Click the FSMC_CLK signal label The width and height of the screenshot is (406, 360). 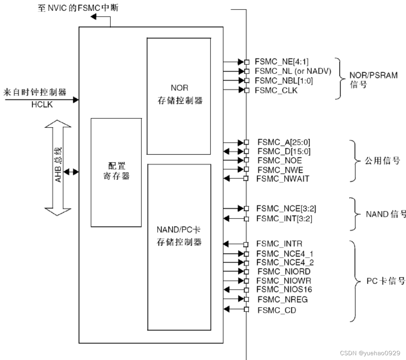[276, 90]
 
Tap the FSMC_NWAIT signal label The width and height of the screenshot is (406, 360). [282, 179]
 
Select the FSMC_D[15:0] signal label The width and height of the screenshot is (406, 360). [284, 151]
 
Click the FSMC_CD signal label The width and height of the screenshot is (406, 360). [276, 310]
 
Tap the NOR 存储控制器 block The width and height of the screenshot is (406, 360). [179, 95]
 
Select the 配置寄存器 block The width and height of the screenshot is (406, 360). [116, 172]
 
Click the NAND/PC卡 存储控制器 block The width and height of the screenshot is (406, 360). [179, 246]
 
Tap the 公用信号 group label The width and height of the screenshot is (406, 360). [382, 161]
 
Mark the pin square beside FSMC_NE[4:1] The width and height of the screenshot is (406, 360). [247, 62]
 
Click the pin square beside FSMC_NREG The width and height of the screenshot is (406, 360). [247, 299]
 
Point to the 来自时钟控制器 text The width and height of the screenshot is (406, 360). [35, 92]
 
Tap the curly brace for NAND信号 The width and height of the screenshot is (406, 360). [353, 213]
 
